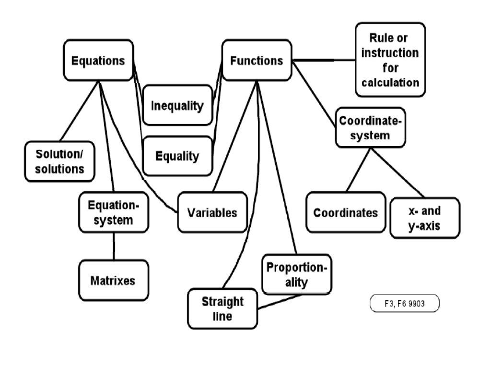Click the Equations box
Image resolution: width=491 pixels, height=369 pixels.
pos(98,61)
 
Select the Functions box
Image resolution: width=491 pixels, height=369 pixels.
pos(257,61)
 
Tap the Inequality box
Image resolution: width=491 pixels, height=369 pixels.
pos(177,105)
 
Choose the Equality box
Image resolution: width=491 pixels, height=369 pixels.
pos(177,156)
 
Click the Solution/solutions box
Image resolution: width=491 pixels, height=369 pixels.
pos(59,161)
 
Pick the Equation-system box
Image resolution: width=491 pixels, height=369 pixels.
pos(114,213)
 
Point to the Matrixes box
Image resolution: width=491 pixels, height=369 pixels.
pos(113,280)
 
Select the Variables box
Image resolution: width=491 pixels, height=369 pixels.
pos(212,212)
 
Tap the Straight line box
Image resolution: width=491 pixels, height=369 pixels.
pos(222,308)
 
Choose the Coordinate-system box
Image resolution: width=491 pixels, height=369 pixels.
pos(370,128)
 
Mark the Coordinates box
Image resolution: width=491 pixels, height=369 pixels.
pos(345,212)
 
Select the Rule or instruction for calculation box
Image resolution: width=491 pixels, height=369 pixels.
pos(390,60)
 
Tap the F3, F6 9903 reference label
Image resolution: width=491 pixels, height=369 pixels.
pos(405,304)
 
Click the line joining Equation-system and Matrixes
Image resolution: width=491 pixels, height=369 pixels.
pos(114,246)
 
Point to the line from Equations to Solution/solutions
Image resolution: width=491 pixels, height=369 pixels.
pos(80,111)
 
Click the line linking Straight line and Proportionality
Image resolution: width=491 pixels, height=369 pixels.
pos(283,301)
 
